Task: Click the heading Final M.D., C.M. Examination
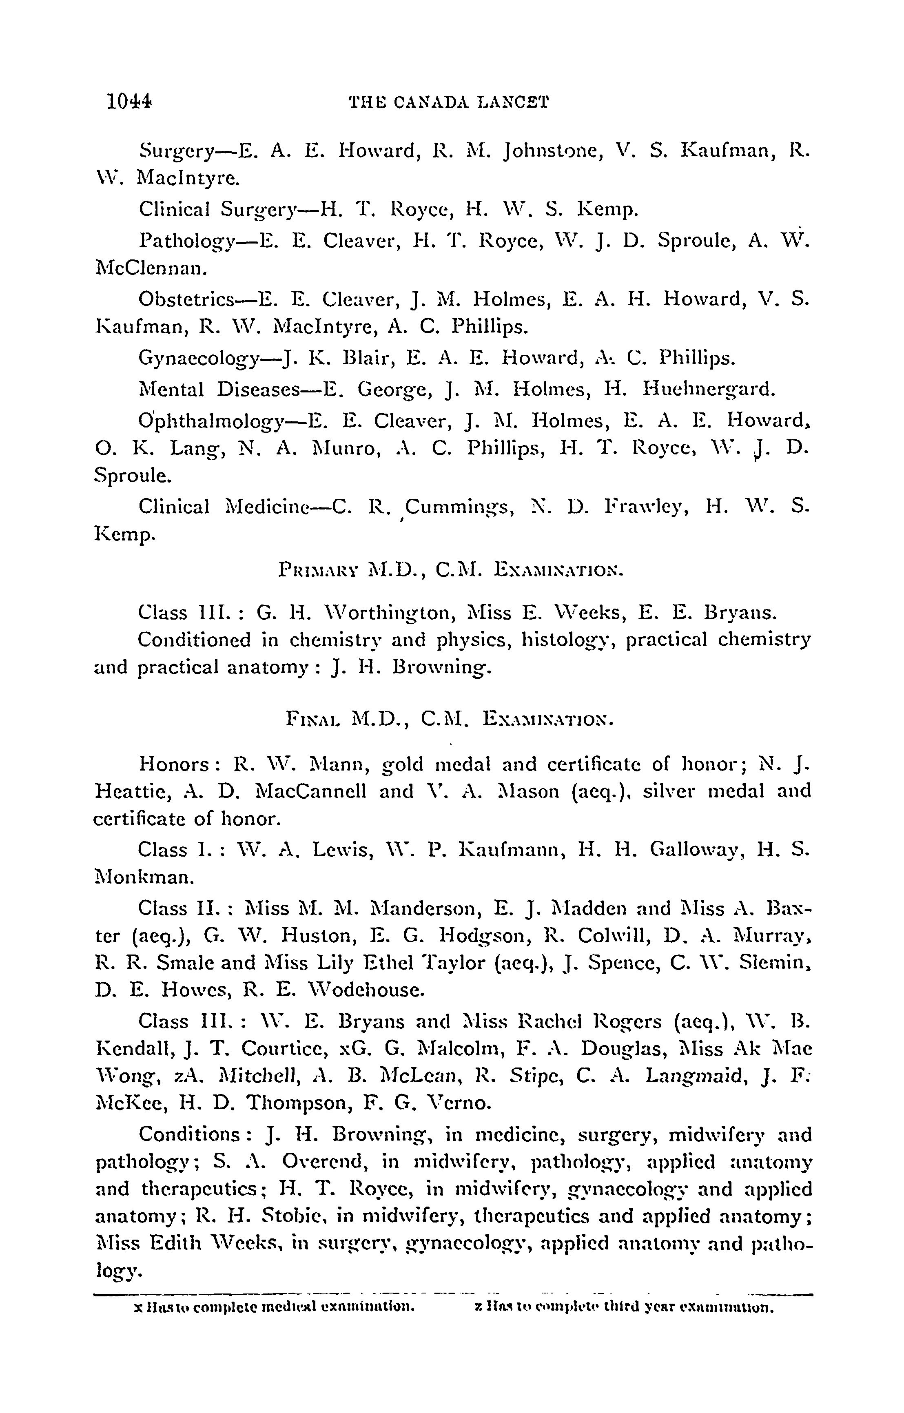coord(449,719)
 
